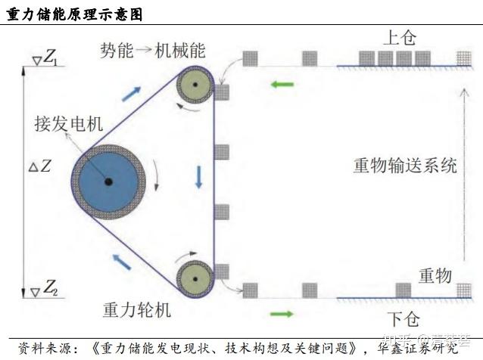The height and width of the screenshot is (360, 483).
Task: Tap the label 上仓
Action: (x=400, y=37)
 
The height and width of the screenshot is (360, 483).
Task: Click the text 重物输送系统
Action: (x=406, y=165)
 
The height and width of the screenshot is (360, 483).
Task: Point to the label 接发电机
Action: (x=68, y=124)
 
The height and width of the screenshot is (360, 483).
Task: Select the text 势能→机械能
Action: (x=153, y=51)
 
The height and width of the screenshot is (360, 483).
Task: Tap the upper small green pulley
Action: (x=195, y=85)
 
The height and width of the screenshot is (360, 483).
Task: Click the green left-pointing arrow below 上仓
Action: (x=282, y=83)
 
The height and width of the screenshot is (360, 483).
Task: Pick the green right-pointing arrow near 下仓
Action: (x=282, y=313)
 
